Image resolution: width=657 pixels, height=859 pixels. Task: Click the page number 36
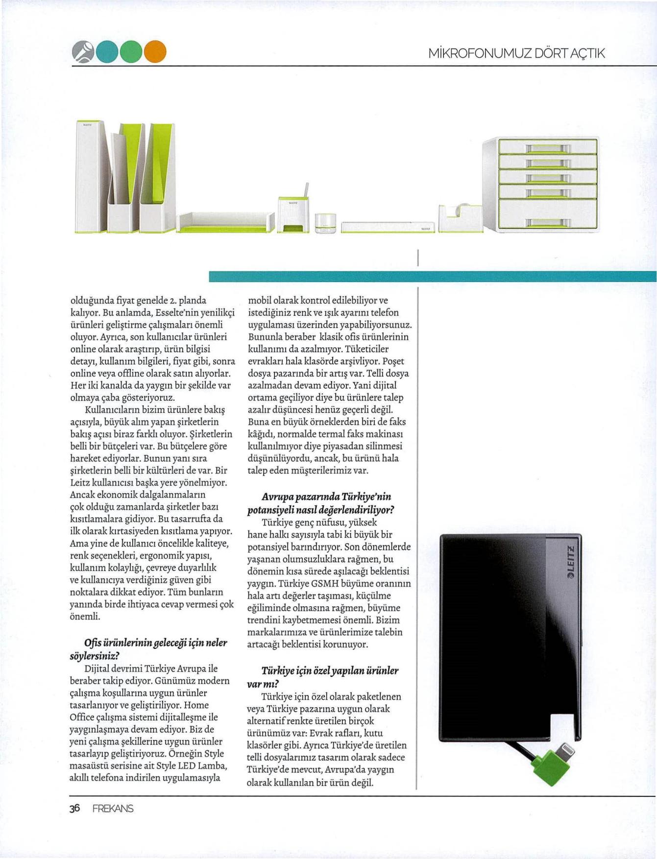tap(74, 808)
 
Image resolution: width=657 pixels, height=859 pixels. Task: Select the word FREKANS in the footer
tap(113, 809)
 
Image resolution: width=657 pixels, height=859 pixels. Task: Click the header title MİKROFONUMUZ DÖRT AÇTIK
tap(516, 53)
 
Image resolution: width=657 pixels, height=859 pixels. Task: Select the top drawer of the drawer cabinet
tap(547, 146)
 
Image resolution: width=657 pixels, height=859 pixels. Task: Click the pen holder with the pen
tap(292, 214)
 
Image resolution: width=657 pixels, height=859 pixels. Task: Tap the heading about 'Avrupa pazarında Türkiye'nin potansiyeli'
tap(321, 503)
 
